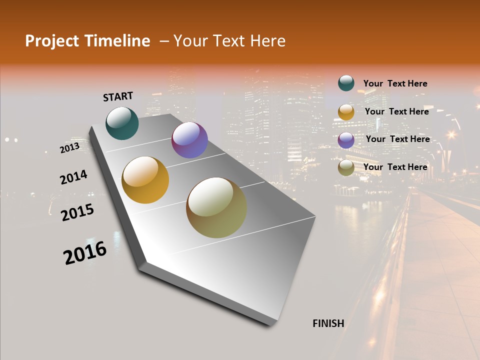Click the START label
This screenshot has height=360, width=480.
[118, 96]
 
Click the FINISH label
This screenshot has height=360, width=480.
[328, 323]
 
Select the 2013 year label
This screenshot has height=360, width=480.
[69, 148]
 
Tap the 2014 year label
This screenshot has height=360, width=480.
[73, 177]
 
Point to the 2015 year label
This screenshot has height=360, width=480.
[77, 212]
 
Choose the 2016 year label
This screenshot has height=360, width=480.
[85, 252]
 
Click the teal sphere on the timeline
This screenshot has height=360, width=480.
[122, 123]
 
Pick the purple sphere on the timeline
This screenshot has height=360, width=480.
[189, 140]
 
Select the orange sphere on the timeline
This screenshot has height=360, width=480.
[145, 180]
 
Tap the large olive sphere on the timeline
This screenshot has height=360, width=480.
[216, 207]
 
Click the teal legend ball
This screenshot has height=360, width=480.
[346, 83]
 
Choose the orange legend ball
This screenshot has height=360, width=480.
[346, 112]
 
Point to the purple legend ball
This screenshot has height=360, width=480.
[346, 140]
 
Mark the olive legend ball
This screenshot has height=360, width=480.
[346, 167]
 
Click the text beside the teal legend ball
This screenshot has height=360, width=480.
[395, 83]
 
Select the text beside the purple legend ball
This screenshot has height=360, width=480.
[398, 139]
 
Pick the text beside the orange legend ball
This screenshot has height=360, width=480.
[397, 111]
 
